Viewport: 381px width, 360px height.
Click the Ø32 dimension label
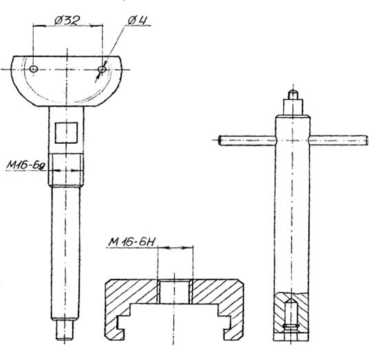click(x=67, y=21)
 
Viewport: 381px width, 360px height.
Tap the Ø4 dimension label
click(x=138, y=21)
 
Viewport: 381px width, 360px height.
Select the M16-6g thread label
click(x=25, y=165)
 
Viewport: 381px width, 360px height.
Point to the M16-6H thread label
click(x=131, y=242)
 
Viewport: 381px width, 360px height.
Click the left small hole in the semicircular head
click(x=34, y=69)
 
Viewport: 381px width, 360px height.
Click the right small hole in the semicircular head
click(x=102, y=70)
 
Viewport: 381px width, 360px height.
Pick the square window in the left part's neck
click(x=66, y=133)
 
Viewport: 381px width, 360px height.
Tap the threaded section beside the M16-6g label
click(x=66, y=170)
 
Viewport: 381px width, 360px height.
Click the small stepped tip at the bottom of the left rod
click(x=64, y=329)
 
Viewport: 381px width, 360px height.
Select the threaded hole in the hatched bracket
click(x=174, y=292)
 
